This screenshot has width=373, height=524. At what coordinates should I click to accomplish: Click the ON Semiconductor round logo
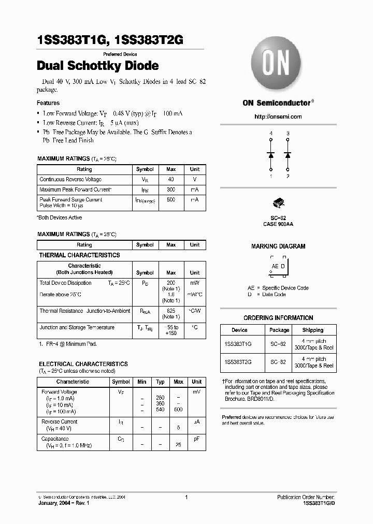click(278, 65)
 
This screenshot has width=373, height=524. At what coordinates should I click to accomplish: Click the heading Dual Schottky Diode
click(98, 66)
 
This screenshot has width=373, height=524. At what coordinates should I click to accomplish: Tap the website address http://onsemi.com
click(278, 117)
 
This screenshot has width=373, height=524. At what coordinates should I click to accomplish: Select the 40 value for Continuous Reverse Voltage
click(171, 179)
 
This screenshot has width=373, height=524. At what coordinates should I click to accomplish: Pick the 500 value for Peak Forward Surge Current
click(171, 199)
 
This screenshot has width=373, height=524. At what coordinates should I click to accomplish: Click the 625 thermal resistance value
click(171, 311)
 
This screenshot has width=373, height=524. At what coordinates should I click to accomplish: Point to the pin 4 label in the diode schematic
click(270, 134)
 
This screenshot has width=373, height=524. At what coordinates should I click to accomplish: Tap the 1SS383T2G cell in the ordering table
click(239, 362)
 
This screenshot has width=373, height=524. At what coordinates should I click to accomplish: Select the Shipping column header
click(312, 330)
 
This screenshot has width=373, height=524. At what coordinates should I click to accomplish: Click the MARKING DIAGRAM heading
click(278, 246)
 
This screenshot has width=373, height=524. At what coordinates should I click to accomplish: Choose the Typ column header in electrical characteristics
click(160, 382)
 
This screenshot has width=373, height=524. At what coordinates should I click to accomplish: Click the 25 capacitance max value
click(179, 445)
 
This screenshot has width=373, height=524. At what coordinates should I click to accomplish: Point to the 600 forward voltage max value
click(179, 410)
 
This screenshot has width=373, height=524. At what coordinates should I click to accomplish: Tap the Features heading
click(48, 103)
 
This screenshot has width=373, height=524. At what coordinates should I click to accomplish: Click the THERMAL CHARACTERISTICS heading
click(79, 255)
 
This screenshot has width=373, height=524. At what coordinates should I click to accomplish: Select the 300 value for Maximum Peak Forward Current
click(171, 190)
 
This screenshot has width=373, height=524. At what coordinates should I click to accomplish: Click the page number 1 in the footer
click(186, 497)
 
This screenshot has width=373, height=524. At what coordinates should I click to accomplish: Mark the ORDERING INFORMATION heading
click(278, 318)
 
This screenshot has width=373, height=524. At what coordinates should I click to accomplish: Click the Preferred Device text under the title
click(120, 54)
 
